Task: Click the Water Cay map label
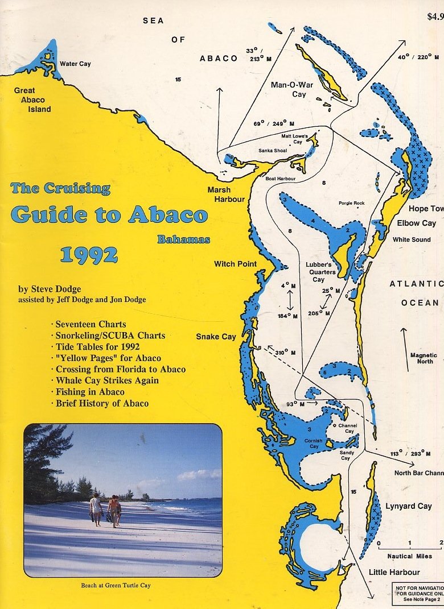tap(75, 64)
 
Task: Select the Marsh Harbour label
tap(226, 194)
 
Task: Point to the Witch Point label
tap(235, 264)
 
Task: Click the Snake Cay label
tap(216, 337)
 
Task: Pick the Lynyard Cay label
tap(408, 506)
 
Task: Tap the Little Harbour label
tap(394, 572)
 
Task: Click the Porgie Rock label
tap(351, 203)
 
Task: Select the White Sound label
tap(412, 239)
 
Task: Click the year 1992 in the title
tap(89, 256)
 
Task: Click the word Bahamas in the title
tap(183, 239)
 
